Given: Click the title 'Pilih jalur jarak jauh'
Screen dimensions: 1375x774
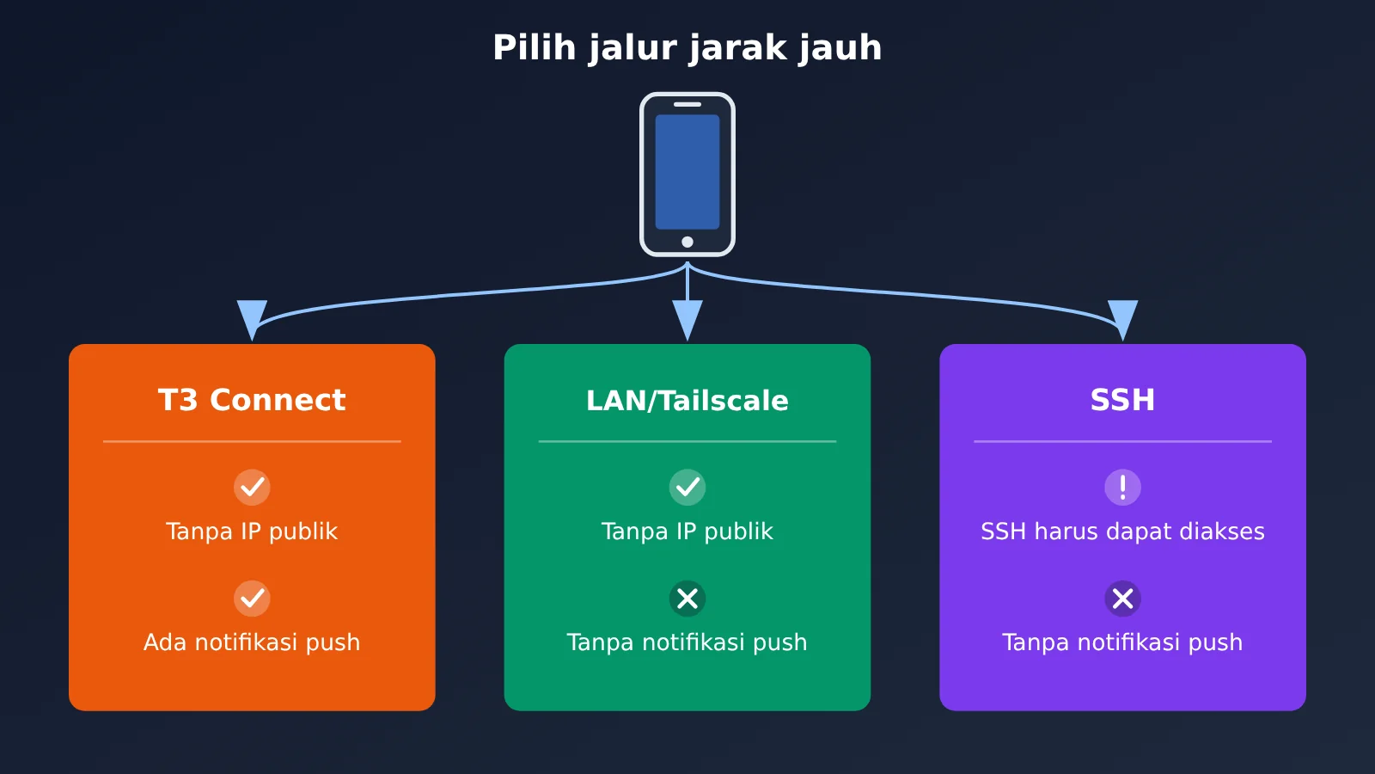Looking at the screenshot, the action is coord(687,48).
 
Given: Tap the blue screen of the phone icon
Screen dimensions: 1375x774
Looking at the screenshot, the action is coord(687,171).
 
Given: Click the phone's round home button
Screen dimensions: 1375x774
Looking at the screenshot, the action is coord(687,242).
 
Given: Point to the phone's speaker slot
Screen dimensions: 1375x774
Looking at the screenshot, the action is coord(687,104).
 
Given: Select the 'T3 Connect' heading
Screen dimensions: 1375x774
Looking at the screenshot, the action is coord(252,400).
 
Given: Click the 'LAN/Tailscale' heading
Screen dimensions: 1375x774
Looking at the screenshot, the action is coord(687,401).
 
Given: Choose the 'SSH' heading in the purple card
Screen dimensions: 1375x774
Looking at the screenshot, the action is coord(1122,400).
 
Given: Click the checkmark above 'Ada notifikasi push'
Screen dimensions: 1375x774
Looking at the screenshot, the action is coord(252,599).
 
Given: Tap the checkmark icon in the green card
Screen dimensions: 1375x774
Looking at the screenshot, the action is coord(687,487).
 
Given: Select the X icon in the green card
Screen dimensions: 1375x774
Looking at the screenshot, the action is coord(687,599).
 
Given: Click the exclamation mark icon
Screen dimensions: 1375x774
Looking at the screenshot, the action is coord(1122,487).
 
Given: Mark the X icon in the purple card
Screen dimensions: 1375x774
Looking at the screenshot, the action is coord(1122,599).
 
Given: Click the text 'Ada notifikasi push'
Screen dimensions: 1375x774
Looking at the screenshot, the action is coord(252,642).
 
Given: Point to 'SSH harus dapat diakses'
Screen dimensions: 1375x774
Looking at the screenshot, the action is coord(1122,531).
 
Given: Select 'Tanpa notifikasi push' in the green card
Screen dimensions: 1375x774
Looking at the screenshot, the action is coord(687,642).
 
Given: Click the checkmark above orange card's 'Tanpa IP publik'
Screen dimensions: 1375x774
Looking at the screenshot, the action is coord(252,487).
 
